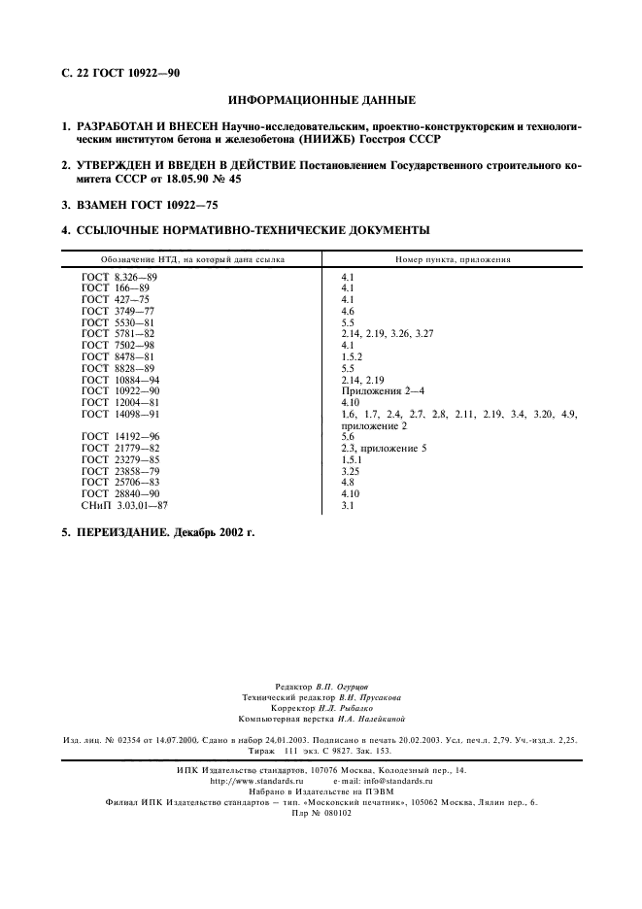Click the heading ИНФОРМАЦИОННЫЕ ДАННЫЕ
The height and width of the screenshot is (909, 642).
tap(321, 100)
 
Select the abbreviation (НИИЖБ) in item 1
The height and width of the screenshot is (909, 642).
tap(330, 139)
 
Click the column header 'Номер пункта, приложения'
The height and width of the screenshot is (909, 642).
tap(453, 260)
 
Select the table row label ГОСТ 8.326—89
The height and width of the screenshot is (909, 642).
tap(119, 278)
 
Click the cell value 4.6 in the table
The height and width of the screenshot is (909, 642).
tap(349, 311)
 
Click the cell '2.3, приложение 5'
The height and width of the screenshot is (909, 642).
tap(384, 449)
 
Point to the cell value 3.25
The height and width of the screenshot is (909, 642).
tap(351, 471)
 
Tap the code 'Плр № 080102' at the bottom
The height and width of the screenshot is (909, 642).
tap(321, 813)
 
